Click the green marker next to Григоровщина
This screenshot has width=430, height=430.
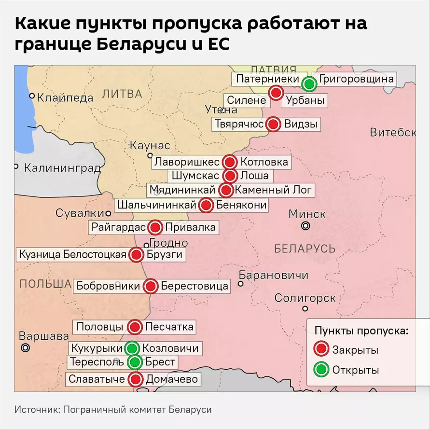pyautogui.click(x=309, y=84)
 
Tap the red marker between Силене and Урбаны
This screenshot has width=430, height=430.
pyautogui.click(x=276, y=93)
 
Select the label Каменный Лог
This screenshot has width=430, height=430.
pyautogui.click(x=274, y=190)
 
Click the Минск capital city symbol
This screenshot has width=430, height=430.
pyautogui.click(x=305, y=226)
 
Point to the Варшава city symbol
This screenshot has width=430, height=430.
pyautogui.click(x=26, y=347)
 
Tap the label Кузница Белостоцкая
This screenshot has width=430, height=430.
pyautogui.click(x=73, y=254)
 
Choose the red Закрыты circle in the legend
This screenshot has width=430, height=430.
pyautogui.click(x=320, y=349)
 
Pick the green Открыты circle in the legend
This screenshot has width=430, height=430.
pyautogui.click(x=320, y=370)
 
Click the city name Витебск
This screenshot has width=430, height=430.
pyautogui.click(x=392, y=132)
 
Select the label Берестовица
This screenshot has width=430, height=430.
pyautogui.click(x=194, y=286)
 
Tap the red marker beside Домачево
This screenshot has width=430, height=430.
pyautogui.click(x=136, y=379)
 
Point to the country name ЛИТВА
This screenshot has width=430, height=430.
pyautogui.click(x=123, y=94)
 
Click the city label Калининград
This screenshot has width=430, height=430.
pyautogui.click(x=62, y=168)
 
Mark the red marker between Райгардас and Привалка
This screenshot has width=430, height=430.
pyautogui.click(x=155, y=227)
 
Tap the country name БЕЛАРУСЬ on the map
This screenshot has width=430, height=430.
pyautogui.click(x=305, y=249)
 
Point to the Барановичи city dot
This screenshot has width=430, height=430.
pyautogui.click(x=240, y=284)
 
